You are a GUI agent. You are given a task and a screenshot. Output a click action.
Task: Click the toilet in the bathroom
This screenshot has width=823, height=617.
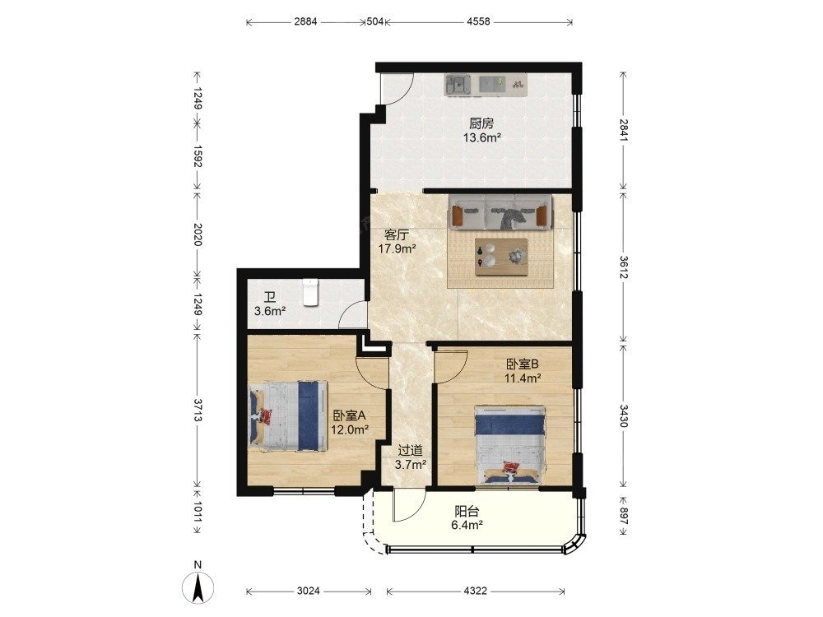click(311, 292)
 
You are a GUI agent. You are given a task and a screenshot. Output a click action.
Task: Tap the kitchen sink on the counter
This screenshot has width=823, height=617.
click(457, 85)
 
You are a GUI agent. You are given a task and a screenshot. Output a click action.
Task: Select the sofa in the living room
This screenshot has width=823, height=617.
click(500, 211)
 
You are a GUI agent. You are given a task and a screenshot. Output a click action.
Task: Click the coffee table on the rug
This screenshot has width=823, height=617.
click(501, 257)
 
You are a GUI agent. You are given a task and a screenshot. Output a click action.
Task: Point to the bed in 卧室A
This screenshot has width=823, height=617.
click(287, 415)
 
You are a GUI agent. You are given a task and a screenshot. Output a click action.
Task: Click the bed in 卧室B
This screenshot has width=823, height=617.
click(509, 445)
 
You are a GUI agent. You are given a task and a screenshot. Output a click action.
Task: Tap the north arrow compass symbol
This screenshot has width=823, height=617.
click(198, 586)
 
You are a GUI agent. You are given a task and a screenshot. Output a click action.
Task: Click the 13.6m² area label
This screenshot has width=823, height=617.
click(481, 138)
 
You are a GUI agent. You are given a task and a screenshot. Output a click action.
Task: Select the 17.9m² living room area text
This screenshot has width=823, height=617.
click(398, 248)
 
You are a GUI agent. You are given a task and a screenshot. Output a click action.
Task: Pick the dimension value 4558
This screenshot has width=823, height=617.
click(478, 21)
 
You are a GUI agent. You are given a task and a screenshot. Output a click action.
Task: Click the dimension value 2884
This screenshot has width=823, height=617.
click(305, 21)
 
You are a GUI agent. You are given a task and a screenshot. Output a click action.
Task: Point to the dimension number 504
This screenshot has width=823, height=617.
click(374, 21)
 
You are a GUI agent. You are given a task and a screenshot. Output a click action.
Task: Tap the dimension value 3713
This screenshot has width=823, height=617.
click(198, 410)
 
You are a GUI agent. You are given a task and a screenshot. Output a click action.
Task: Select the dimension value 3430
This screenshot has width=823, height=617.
click(623, 415)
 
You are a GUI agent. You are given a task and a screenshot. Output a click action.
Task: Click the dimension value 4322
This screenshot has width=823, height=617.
click(475, 591)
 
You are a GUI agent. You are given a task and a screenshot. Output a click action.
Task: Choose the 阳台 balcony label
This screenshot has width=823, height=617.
click(467, 511)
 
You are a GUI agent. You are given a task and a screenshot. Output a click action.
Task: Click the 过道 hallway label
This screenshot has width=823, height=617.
click(410, 450)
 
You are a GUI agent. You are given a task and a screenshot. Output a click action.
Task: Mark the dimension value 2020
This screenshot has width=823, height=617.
click(198, 234)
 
